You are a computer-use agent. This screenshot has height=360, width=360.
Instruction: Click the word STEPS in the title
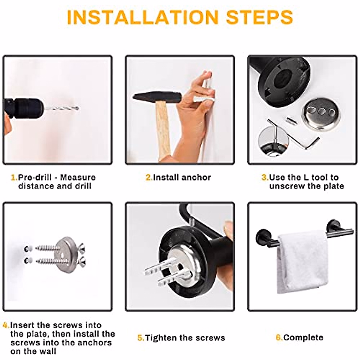tap(259, 17)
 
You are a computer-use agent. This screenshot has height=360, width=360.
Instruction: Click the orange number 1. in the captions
tap(14, 177)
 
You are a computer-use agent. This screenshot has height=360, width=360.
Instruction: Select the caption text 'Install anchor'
tap(182, 178)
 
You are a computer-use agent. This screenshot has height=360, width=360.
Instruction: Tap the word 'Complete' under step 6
tap(303, 337)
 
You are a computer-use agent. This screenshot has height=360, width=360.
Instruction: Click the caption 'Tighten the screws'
tap(185, 338)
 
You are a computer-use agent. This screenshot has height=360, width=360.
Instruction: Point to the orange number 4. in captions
tap(6, 325)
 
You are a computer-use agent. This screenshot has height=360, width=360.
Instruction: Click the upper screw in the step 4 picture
tap(48, 248)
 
